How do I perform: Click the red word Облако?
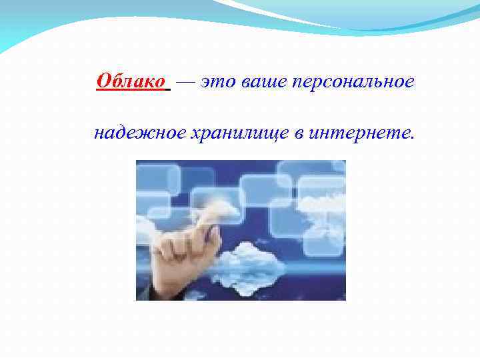click(131, 81)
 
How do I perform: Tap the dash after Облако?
click(187, 81)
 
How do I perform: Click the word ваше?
click(255, 82)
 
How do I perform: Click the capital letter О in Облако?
click(103, 81)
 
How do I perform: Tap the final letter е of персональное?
click(410, 83)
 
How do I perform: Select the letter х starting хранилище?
click(177, 134)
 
